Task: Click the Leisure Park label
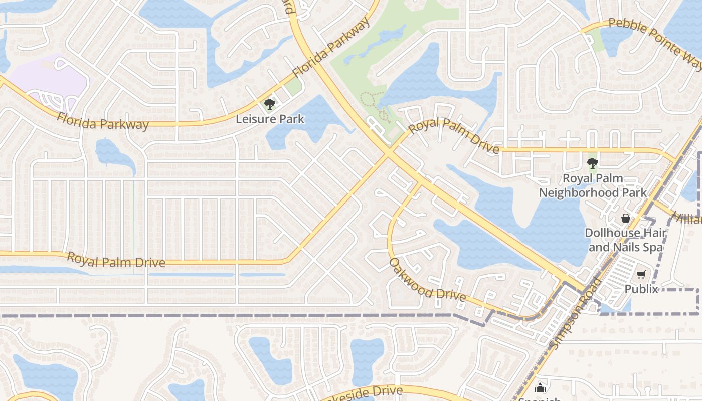pyautogui.click(x=270, y=119)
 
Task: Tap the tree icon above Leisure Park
pyautogui.click(x=270, y=104)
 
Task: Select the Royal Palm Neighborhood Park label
pyautogui.click(x=593, y=185)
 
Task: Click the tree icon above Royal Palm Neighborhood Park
pyautogui.click(x=592, y=163)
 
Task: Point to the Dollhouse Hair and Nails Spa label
pyautogui.click(x=626, y=240)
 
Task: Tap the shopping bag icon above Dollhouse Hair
pyautogui.click(x=626, y=218)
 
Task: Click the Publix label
pyautogui.click(x=641, y=289)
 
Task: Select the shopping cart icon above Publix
pyautogui.click(x=641, y=274)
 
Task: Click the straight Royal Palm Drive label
pyautogui.click(x=116, y=260)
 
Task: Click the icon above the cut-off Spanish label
pyautogui.click(x=540, y=387)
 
